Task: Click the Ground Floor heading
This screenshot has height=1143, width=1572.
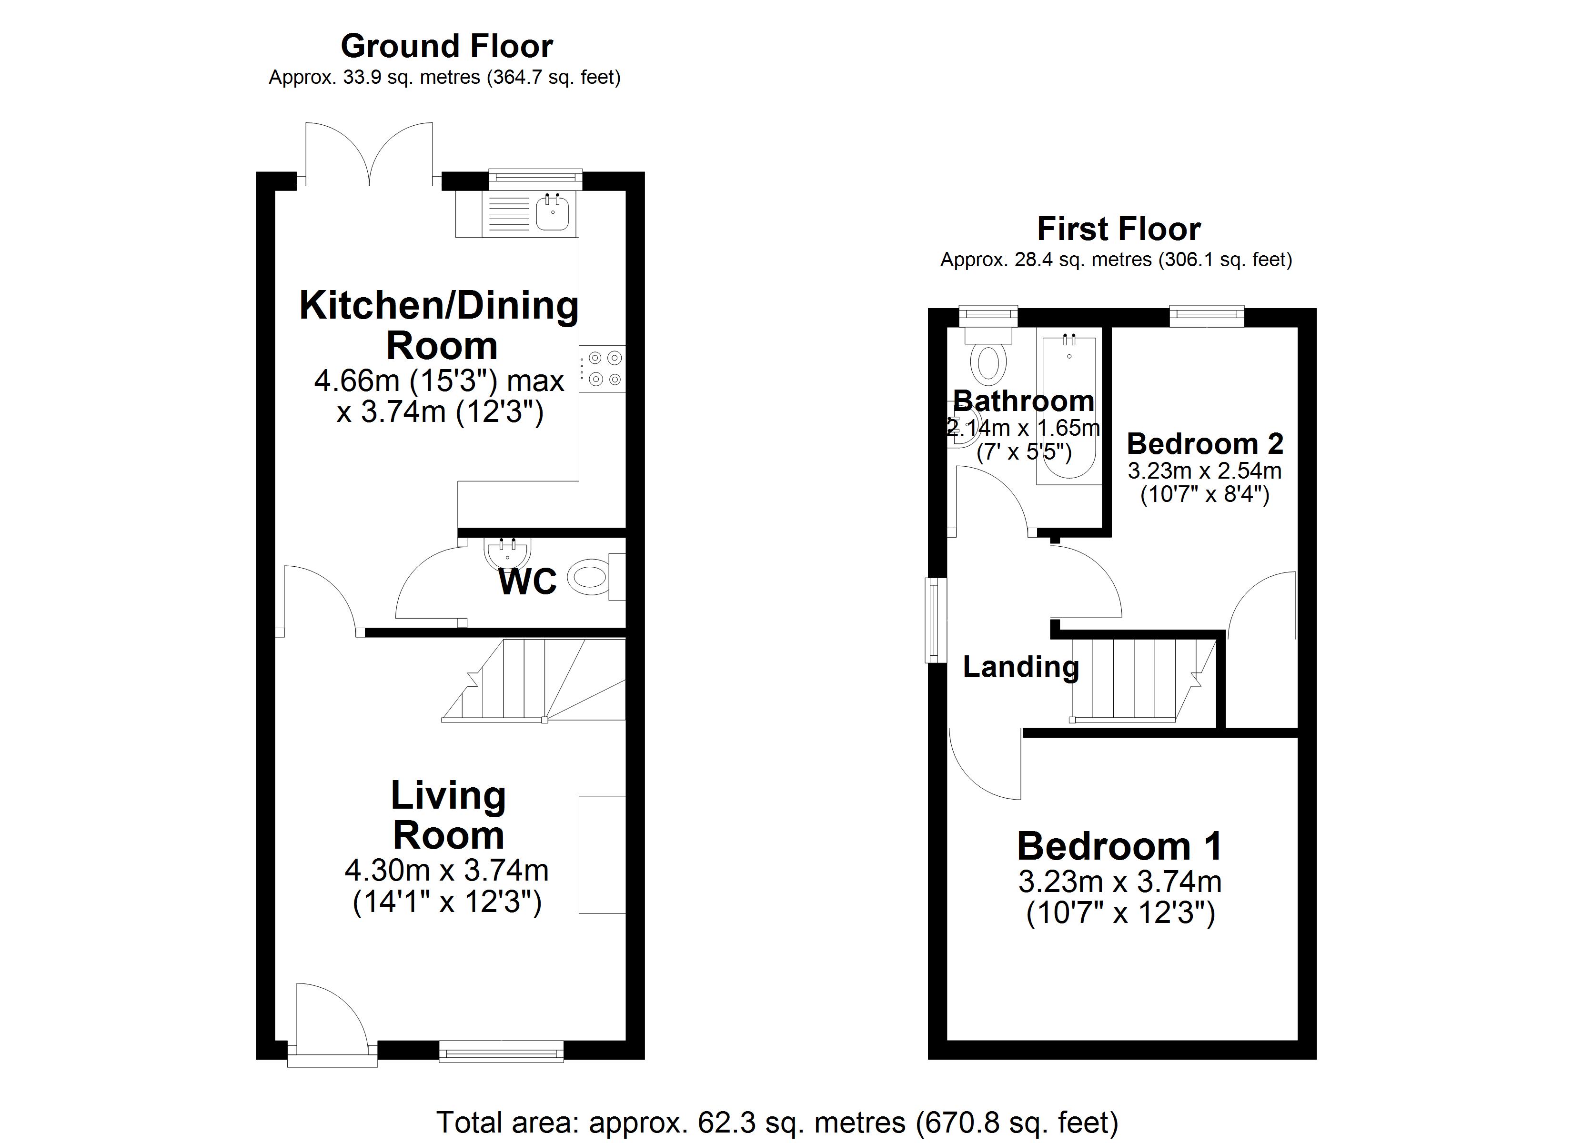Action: (x=446, y=47)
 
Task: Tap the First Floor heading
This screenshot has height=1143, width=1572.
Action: (x=1118, y=229)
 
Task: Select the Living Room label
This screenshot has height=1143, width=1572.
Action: (x=448, y=815)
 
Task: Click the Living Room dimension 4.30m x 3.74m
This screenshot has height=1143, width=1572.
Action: (x=446, y=870)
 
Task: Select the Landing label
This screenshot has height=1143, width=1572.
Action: (x=1020, y=667)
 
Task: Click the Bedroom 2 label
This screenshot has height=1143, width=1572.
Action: (x=1205, y=443)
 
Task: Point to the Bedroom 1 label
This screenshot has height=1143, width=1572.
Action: (x=1119, y=846)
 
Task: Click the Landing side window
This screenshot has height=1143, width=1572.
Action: (x=937, y=621)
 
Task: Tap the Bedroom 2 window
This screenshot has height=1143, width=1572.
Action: (x=1207, y=316)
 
